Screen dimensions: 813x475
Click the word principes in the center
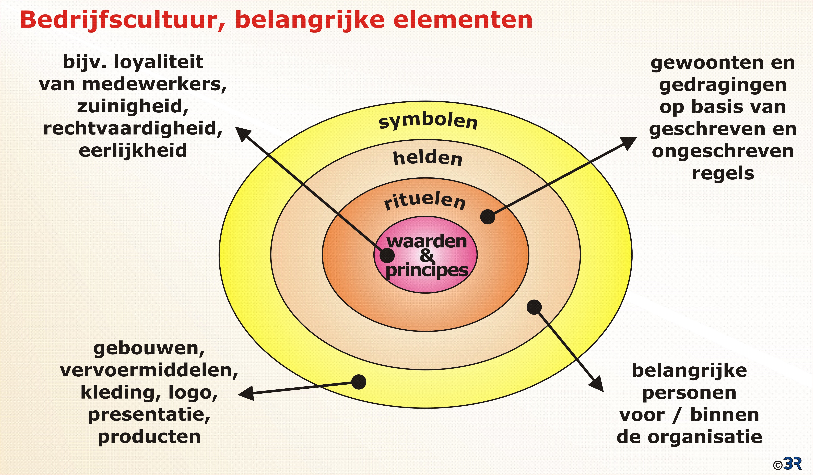pyautogui.click(x=427, y=270)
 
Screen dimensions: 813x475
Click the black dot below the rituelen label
pyautogui.click(x=488, y=217)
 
